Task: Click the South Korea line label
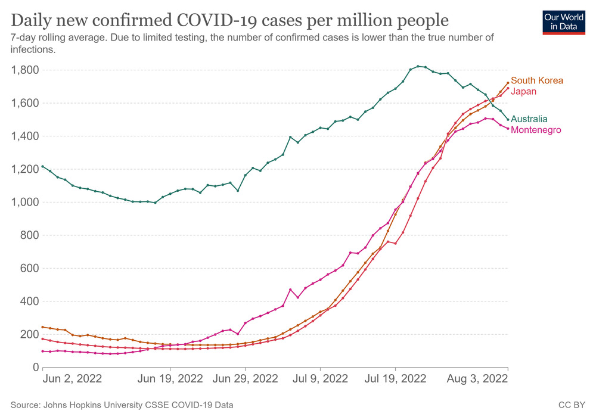tap(536, 80)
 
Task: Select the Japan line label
tap(524, 91)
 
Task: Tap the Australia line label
tap(529, 119)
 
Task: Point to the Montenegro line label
tap(536, 130)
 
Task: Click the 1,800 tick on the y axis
tap(25, 70)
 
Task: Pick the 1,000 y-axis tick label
tap(25, 203)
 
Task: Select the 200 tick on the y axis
tap(30, 334)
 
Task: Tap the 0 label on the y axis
tap(36, 368)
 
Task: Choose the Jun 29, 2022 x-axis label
tap(245, 379)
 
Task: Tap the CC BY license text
tap(572, 405)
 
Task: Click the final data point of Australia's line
tap(508, 119)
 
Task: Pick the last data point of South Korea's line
tap(508, 83)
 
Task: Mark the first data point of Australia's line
tap(43, 166)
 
